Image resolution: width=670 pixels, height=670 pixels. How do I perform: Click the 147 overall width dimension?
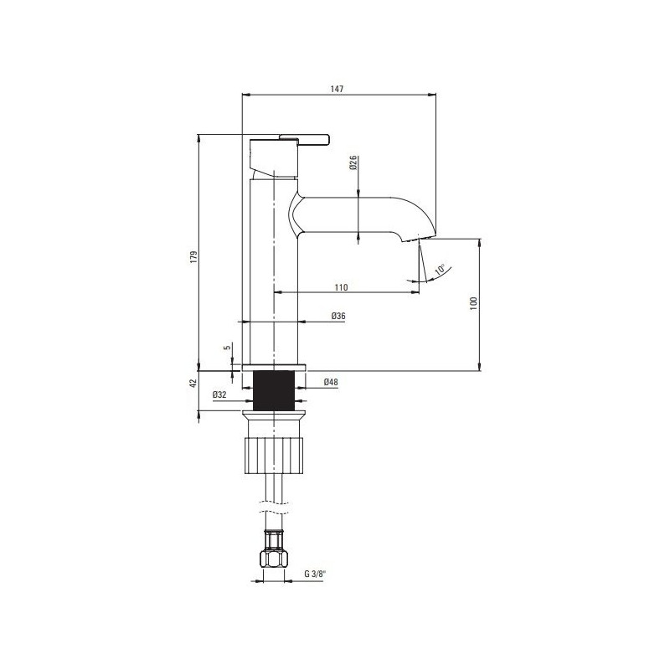pyautogui.click(x=338, y=88)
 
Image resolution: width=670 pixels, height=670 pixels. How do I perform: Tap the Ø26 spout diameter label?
pyautogui.click(x=354, y=162)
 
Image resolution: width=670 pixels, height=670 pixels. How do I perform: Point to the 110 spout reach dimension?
pyautogui.click(x=341, y=287)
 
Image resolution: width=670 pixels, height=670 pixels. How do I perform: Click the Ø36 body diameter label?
pyautogui.click(x=338, y=316)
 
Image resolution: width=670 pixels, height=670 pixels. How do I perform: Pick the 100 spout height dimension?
pyautogui.click(x=473, y=302)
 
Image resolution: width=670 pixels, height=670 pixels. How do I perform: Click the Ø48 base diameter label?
pyautogui.click(x=331, y=383)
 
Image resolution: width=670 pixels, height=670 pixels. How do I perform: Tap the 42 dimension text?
pyautogui.click(x=193, y=383)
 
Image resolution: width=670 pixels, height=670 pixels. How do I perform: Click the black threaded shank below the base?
pyautogui.click(x=275, y=389)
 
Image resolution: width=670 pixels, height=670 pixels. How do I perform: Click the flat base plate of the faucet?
pyautogui.click(x=275, y=367)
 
